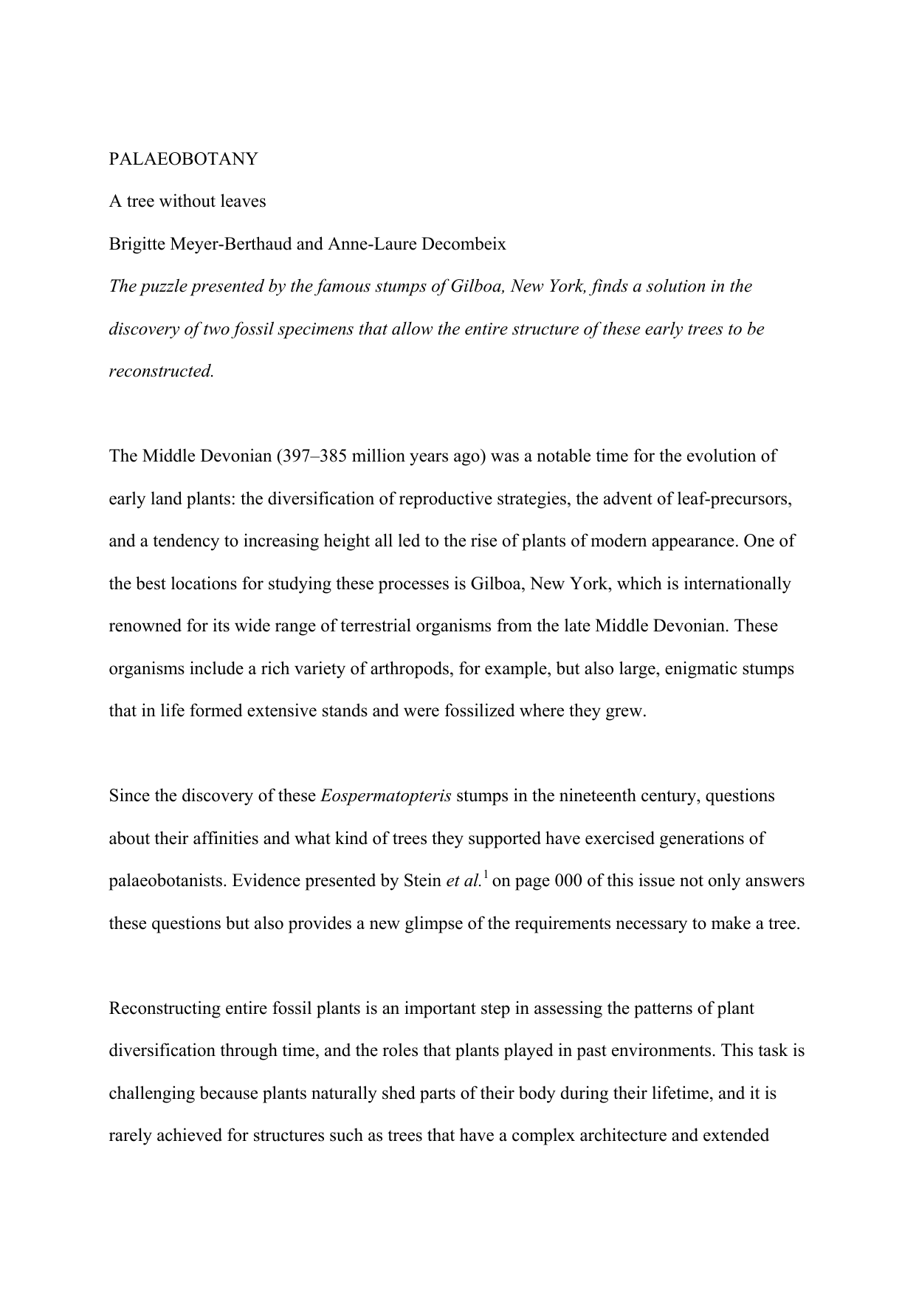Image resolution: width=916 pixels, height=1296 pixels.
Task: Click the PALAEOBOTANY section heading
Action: pos(183,159)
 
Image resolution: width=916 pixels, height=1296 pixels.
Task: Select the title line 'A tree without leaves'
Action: pos(187,201)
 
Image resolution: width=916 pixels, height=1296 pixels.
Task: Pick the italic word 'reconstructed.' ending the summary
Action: pos(161,371)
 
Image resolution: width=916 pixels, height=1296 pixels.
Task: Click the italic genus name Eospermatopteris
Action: pos(386,796)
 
